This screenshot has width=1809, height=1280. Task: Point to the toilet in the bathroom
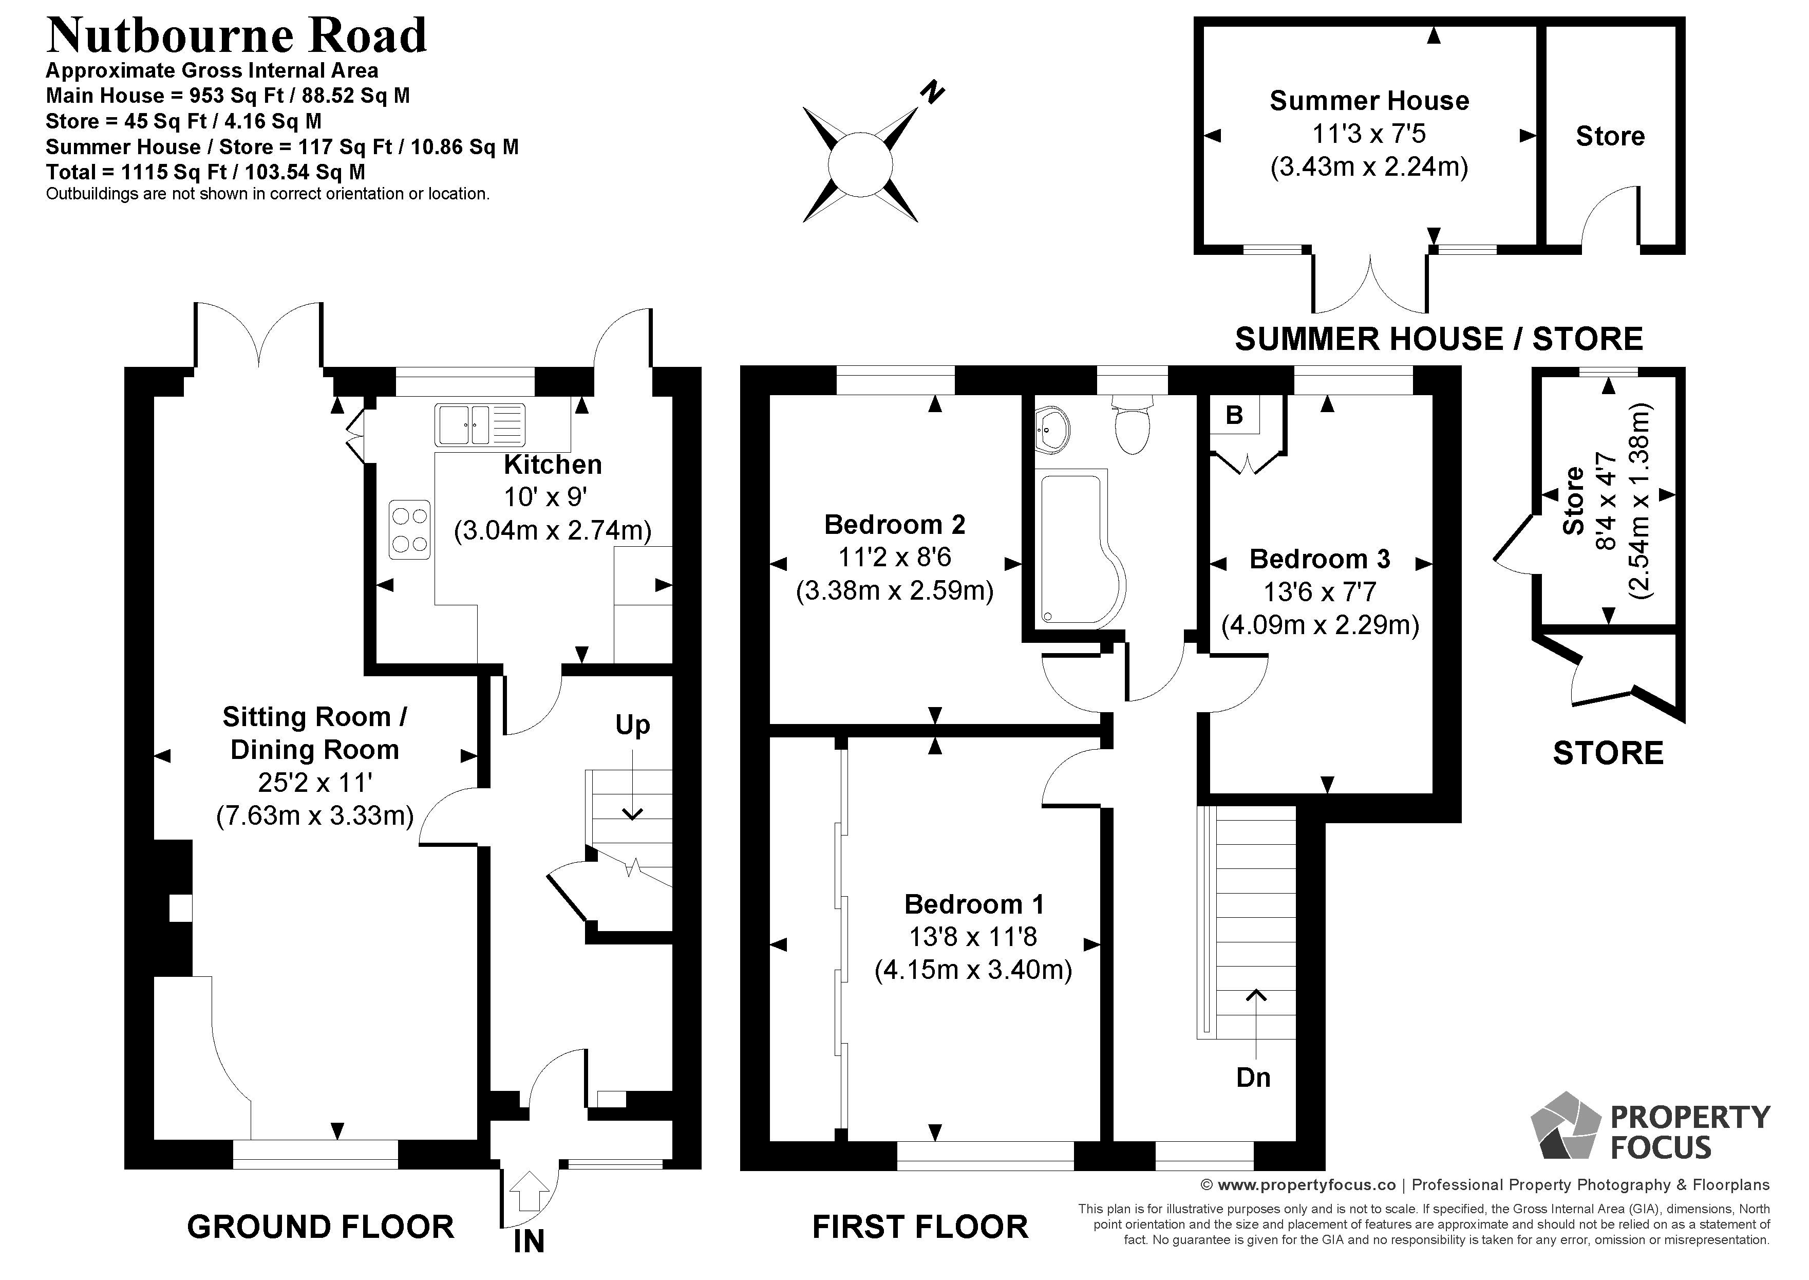point(1133,425)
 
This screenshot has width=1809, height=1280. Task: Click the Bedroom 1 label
point(974,904)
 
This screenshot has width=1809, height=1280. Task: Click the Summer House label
point(1369,101)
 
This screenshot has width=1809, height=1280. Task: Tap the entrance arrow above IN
point(530,1190)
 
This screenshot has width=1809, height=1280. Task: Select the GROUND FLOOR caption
point(321,1227)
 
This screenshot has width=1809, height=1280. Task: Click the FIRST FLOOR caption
point(920,1227)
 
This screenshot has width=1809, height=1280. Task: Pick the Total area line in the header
point(205,172)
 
